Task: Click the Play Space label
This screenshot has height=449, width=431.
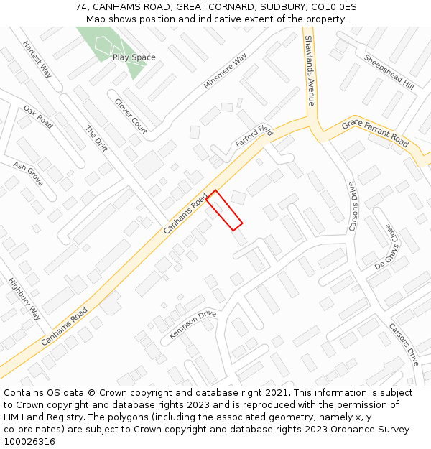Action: (x=134, y=57)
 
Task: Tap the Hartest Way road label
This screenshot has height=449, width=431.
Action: (x=37, y=59)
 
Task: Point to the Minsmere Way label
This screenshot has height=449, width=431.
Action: (x=225, y=71)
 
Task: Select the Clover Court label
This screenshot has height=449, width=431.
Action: (x=131, y=116)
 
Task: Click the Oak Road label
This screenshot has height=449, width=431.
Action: (x=38, y=117)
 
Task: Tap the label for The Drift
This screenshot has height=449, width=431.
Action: (x=96, y=139)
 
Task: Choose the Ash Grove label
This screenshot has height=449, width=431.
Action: (x=28, y=173)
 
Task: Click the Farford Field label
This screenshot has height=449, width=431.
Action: (x=254, y=136)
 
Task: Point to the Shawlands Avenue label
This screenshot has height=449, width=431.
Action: (x=310, y=70)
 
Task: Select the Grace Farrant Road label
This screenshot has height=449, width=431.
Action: (x=375, y=134)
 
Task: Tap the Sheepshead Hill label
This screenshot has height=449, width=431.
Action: (x=389, y=72)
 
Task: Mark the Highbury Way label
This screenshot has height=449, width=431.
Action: (x=24, y=299)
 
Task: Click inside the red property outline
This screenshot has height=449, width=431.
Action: (x=224, y=210)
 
